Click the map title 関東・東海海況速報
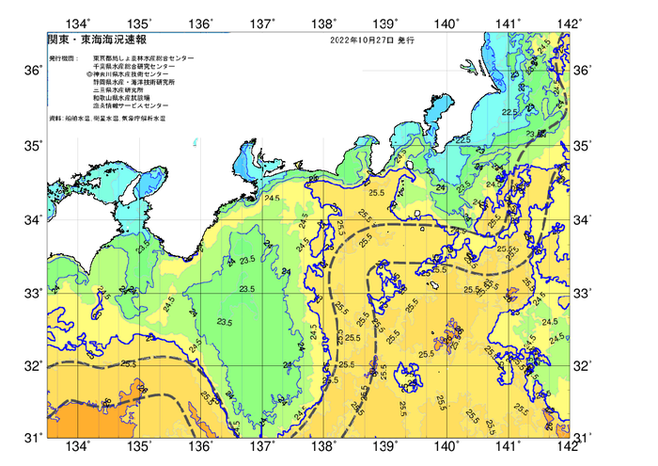tap(85, 42)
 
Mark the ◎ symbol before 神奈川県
tap(88, 74)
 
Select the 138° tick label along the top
tap(324, 23)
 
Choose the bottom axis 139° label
tap(385, 446)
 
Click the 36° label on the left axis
tap(30, 72)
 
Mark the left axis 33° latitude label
tap(30, 293)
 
